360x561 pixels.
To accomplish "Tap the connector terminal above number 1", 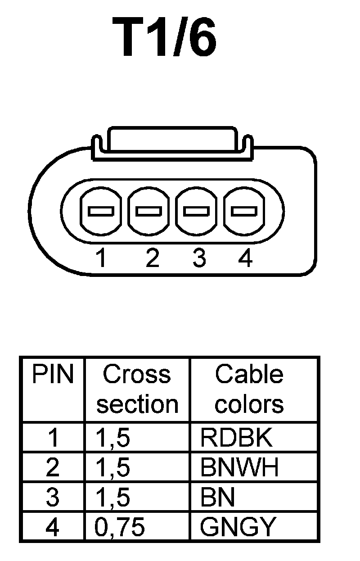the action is pos(101,211).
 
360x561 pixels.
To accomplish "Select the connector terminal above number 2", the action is pos(149,211).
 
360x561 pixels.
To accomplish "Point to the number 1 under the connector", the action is pos(102,258).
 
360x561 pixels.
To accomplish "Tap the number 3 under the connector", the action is pos(198,258).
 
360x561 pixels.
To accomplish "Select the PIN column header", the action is pos(52,375).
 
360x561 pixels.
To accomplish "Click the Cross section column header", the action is pos(137,389).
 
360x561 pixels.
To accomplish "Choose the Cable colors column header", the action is pos(249,389).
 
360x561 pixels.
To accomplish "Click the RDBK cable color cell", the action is pos(237,438).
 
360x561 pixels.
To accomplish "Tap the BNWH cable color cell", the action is pos(240,468).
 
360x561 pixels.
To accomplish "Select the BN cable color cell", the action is pos(218,498).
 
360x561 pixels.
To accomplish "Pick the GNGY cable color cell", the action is pos(237,527).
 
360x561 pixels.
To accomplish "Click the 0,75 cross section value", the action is pos(120,527).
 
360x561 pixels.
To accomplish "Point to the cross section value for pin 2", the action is pos(113,468).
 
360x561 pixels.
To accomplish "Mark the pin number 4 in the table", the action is pos(53,527).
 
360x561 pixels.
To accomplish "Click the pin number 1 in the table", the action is pos(53,438).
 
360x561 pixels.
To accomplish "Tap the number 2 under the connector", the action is pos(153,258).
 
